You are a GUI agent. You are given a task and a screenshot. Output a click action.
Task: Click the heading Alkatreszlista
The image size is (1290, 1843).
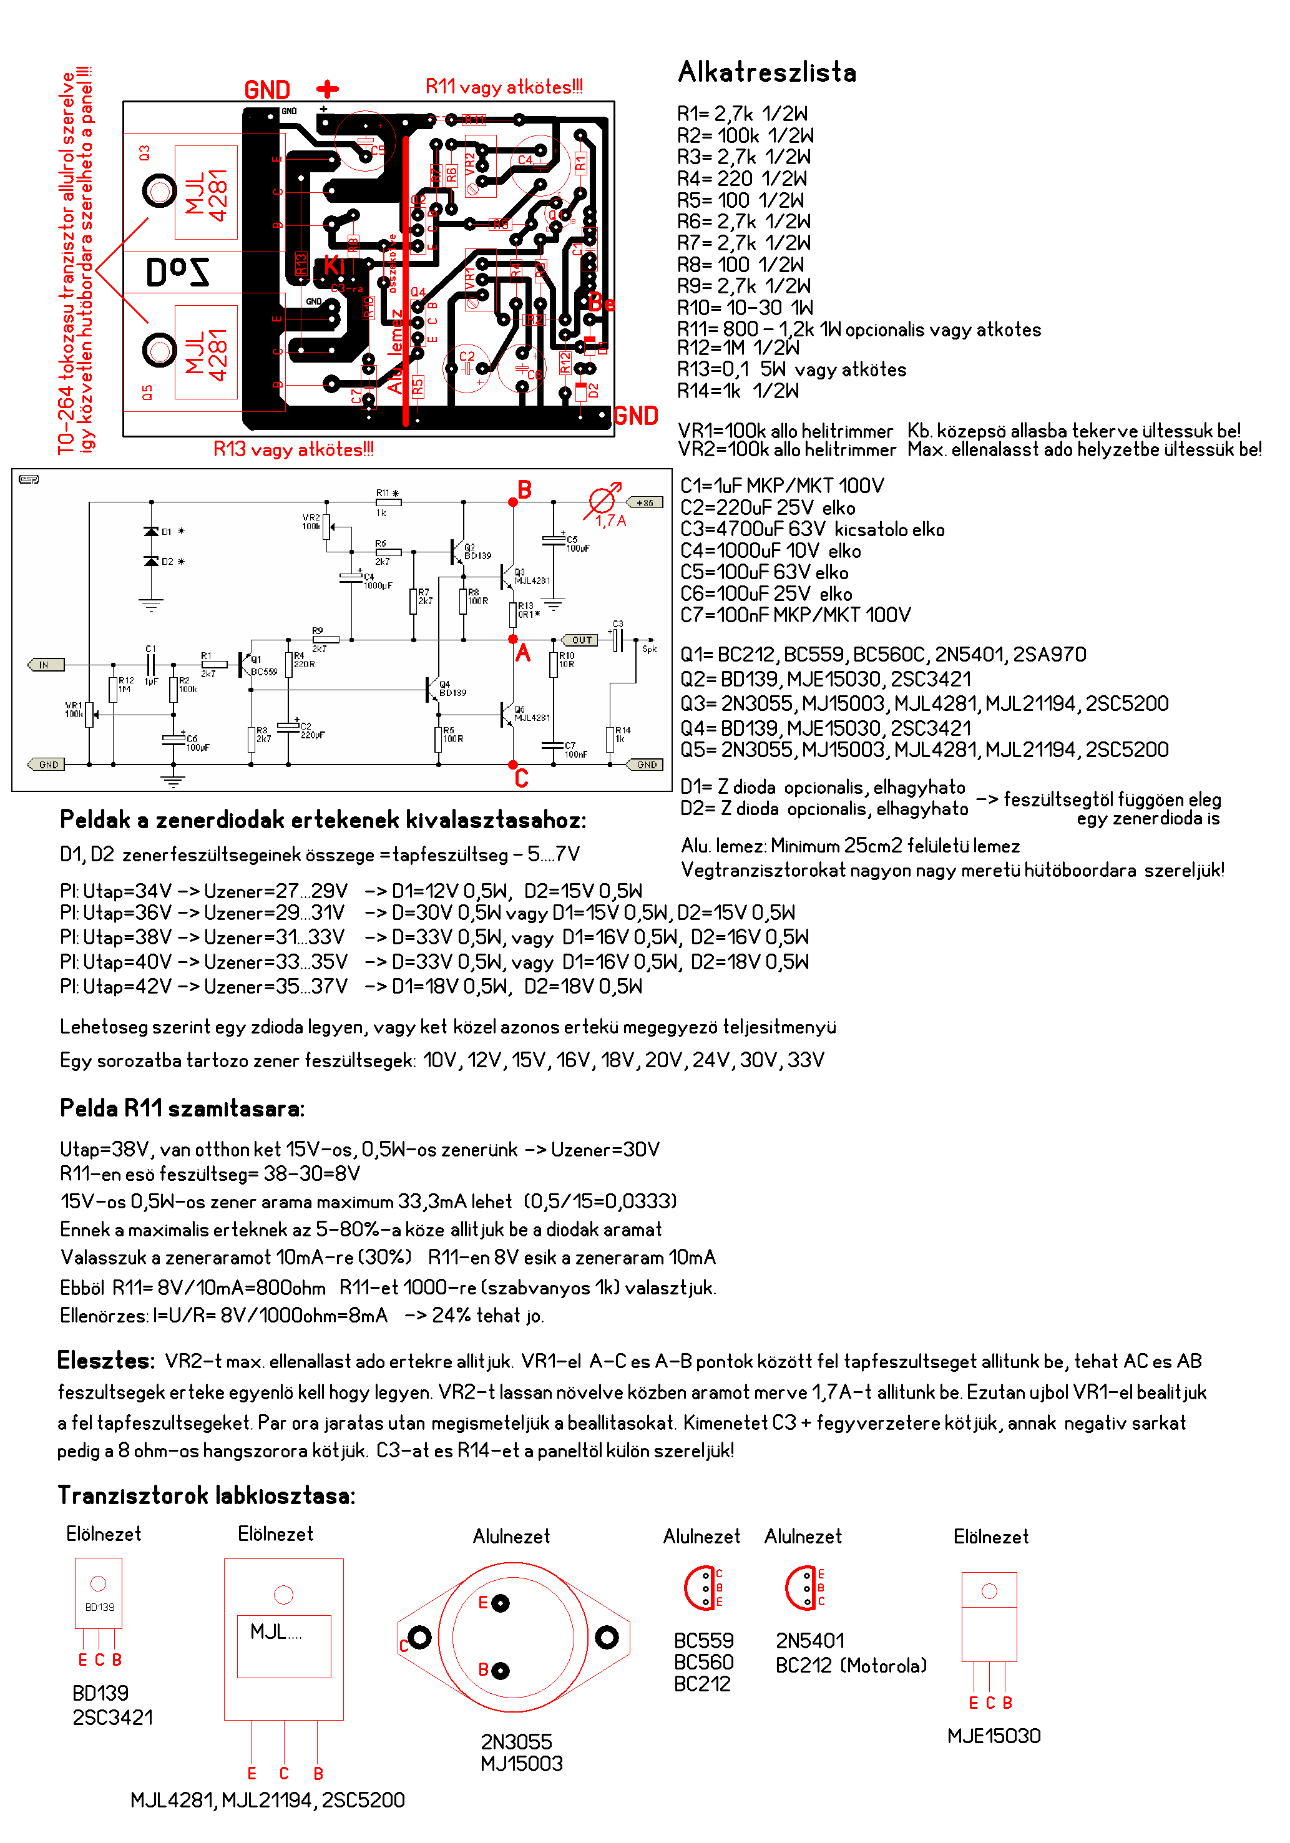coord(766,72)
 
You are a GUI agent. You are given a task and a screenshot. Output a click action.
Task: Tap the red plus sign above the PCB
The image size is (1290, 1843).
coord(328,88)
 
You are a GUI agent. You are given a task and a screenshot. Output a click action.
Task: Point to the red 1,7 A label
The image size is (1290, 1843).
coord(611,521)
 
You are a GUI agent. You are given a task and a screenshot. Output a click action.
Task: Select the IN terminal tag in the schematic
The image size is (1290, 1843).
coord(45,665)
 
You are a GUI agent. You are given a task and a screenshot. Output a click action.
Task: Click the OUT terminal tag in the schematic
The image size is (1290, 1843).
coord(581,640)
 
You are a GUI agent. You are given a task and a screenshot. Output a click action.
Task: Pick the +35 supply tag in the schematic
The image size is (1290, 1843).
coord(645,502)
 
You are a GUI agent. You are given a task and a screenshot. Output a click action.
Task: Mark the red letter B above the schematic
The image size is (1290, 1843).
coord(524,490)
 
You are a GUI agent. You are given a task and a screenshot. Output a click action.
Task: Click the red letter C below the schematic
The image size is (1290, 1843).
coord(522,779)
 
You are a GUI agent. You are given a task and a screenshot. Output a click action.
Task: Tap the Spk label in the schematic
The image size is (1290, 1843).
coord(650,648)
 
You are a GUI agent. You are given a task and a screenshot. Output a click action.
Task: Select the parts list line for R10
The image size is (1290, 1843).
coord(745,308)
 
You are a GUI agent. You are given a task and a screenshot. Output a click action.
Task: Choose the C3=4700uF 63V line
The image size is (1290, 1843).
coord(813,530)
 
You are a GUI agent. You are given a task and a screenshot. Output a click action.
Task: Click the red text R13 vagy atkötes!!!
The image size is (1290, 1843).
coord(293,449)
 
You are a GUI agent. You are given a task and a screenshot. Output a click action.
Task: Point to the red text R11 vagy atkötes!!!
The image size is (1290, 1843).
coord(504,87)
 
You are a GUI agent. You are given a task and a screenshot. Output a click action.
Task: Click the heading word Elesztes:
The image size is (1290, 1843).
coord(105,1361)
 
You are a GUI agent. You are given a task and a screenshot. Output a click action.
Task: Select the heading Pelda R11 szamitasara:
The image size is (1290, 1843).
coord(182,1108)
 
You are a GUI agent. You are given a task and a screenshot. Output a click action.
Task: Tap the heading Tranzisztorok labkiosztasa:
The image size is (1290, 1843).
coord(207,1495)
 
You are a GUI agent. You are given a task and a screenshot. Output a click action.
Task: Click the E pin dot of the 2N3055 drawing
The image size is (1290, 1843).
coord(500,1603)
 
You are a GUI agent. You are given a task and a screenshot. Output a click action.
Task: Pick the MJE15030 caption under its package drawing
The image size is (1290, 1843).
coord(994,1736)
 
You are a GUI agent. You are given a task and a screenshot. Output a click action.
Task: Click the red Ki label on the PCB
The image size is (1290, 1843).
coord(334,266)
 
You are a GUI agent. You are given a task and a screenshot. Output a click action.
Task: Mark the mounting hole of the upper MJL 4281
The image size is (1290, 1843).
coord(159,191)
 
